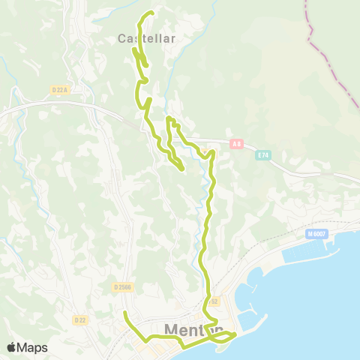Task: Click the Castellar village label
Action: click(147, 38)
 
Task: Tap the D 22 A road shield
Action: click(61, 90)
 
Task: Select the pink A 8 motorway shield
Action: click(237, 143)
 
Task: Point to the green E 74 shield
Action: click(262, 155)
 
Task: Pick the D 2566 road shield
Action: click(124, 286)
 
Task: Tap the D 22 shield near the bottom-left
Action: click(79, 319)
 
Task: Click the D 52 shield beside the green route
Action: click(213, 301)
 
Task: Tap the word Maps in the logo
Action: click(32, 347)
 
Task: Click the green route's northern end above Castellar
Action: click(151, 12)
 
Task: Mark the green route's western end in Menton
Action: click(124, 311)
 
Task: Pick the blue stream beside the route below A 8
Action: click(204, 225)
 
